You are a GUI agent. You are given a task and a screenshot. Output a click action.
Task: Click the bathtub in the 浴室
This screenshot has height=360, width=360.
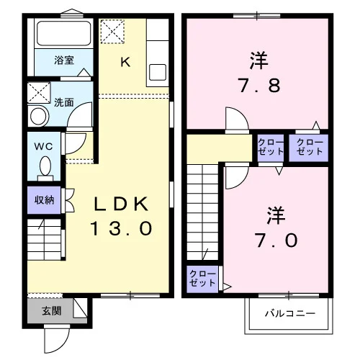[x=64, y=34]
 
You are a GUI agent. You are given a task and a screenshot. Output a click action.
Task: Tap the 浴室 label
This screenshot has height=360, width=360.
[x=64, y=60]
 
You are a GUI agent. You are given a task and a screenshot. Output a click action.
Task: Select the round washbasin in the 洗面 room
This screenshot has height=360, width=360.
[x=38, y=116]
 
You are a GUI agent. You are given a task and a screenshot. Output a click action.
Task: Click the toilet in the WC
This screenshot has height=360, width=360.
[x=45, y=168]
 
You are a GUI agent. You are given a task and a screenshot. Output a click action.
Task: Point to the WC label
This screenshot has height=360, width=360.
[x=43, y=146]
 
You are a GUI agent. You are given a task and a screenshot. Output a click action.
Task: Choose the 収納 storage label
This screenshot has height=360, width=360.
[x=45, y=200]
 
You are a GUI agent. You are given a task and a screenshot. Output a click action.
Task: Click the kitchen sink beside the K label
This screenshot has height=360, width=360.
[x=158, y=72]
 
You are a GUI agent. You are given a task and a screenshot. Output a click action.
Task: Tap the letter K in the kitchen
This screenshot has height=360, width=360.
[x=125, y=63]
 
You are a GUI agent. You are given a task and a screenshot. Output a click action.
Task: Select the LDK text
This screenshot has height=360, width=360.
[x=121, y=204]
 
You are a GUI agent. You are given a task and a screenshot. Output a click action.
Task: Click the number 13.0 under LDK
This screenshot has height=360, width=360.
[x=121, y=228]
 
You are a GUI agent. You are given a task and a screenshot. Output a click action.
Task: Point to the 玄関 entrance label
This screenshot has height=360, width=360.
[x=52, y=311]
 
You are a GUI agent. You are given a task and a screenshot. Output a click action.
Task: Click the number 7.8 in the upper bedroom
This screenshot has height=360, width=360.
[x=259, y=85]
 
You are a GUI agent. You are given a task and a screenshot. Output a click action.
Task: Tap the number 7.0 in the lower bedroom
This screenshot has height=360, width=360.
[x=276, y=240]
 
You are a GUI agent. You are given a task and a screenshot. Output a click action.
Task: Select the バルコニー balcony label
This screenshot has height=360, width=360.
[x=289, y=313]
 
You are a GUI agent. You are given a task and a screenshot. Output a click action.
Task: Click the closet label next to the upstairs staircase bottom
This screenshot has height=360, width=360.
[x=202, y=279]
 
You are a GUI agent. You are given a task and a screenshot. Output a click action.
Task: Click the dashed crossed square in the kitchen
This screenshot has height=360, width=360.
[x=112, y=32]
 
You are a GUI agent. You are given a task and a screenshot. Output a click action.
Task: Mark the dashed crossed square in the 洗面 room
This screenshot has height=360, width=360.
[x=39, y=93]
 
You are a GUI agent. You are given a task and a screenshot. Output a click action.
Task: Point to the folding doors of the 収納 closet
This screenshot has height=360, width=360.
[x=69, y=201]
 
